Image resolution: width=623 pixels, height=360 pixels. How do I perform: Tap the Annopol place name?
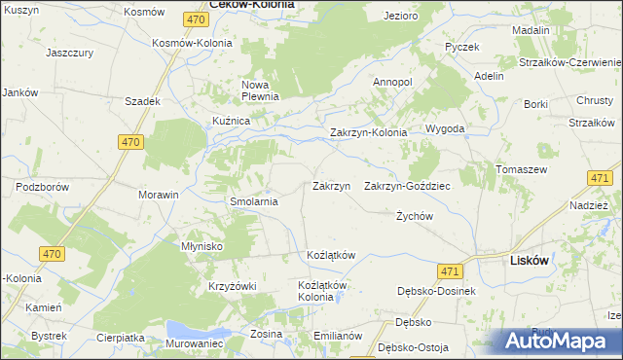tap(392, 82)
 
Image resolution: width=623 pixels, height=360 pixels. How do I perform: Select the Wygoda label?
tap(444, 128)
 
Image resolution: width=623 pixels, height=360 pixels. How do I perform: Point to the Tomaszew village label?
tap(520, 169)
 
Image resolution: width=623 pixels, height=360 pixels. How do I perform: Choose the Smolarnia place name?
tap(253, 202)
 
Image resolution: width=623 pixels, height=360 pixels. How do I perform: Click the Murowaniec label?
tap(195, 344)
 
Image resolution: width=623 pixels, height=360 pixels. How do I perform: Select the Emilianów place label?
tap(338, 336)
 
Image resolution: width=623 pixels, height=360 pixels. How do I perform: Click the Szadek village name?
tap(142, 101)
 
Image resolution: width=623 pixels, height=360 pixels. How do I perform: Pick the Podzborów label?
tap(42, 185)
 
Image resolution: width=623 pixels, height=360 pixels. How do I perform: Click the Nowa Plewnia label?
tap(260, 90)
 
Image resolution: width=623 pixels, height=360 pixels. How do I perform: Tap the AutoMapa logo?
tap(558, 342)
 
